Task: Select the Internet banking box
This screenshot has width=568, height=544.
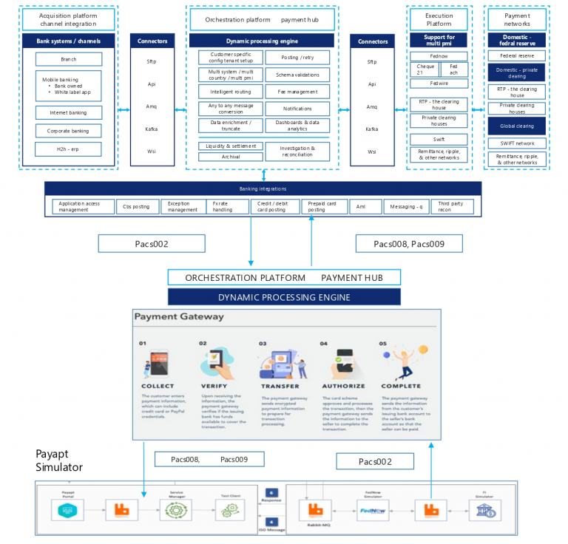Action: click(69, 112)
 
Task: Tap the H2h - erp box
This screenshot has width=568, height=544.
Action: click(69, 149)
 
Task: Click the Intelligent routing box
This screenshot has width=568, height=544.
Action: click(230, 91)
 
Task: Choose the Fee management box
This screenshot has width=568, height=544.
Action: click(297, 91)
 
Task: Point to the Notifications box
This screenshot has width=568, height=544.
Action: click(297, 109)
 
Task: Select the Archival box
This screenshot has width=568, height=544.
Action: click(230, 157)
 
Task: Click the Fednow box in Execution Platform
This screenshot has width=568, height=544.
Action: click(439, 55)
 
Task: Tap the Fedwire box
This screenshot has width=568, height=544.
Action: click(439, 84)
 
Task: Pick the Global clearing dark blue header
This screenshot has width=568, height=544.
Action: click(517, 126)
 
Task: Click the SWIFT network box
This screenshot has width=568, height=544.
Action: click(517, 143)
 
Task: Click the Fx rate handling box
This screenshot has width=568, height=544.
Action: click(224, 207)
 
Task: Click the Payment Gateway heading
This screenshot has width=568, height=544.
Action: click(179, 316)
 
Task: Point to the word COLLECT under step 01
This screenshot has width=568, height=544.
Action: click(157, 386)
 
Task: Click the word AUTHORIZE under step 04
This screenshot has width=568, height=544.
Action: click(343, 386)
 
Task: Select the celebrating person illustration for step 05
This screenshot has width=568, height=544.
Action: click(399, 360)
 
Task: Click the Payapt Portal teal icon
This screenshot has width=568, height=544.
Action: click(64, 510)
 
